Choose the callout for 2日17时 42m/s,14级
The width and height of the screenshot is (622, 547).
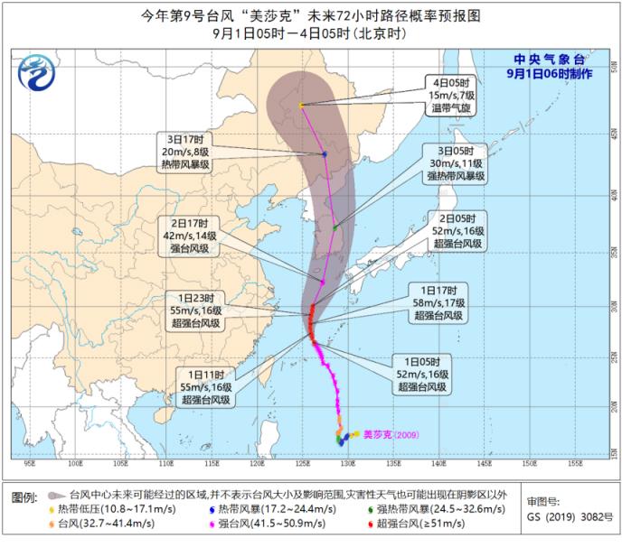pyautogui.click(x=188, y=236)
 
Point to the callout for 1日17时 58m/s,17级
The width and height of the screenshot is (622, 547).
pyautogui.click(x=439, y=303)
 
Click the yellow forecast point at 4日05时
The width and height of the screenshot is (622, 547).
pyautogui.click(x=301, y=106)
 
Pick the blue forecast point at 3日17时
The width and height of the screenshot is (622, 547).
pyautogui.click(x=324, y=154)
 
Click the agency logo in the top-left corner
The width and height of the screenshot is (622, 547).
pyautogui.click(x=36, y=69)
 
